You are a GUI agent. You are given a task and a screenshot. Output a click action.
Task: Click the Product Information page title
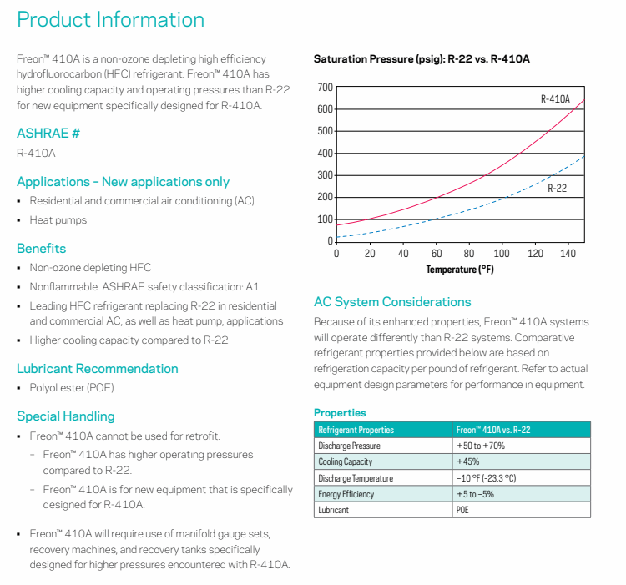pyautogui.click(x=110, y=19)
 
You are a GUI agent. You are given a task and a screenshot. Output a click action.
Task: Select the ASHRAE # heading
pyautogui.click(x=48, y=133)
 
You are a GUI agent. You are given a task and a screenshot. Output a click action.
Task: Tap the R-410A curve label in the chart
pyautogui.click(x=555, y=99)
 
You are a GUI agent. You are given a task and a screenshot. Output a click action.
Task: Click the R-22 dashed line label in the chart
pyautogui.click(x=557, y=189)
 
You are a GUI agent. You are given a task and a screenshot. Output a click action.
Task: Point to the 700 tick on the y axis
pyautogui.click(x=325, y=88)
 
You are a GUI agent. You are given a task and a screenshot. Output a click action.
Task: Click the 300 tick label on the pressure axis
pyautogui.click(x=325, y=175)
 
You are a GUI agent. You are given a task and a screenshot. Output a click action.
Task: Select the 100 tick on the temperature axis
pyautogui.click(x=502, y=254)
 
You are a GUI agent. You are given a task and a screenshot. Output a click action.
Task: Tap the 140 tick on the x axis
pyautogui.click(x=568, y=254)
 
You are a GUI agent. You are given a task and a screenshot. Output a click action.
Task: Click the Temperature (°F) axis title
pyautogui.click(x=460, y=270)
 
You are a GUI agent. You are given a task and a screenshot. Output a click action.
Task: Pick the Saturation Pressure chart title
pyautogui.click(x=422, y=59)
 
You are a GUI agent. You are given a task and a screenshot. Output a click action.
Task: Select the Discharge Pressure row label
pyautogui.click(x=350, y=446)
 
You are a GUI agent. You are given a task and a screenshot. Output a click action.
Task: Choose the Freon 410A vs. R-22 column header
pyautogui.click(x=493, y=430)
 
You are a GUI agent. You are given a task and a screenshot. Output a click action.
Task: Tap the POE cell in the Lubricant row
pyautogui.click(x=462, y=510)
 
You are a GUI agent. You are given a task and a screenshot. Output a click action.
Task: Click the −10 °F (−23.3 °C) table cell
pyautogui.click(x=487, y=478)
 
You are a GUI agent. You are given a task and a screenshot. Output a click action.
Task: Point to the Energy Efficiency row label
pyautogui.click(x=346, y=494)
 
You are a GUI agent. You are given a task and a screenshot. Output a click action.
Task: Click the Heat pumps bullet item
pyautogui.click(x=58, y=220)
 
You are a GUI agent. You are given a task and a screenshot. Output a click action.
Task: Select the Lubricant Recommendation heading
pyautogui.click(x=98, y=369)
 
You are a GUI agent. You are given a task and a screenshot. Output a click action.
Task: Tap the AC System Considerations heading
pyautogui.click(x=392, y=302)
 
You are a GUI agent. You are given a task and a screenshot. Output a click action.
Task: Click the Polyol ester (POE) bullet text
pyautogui.click(x=72, y=388)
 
